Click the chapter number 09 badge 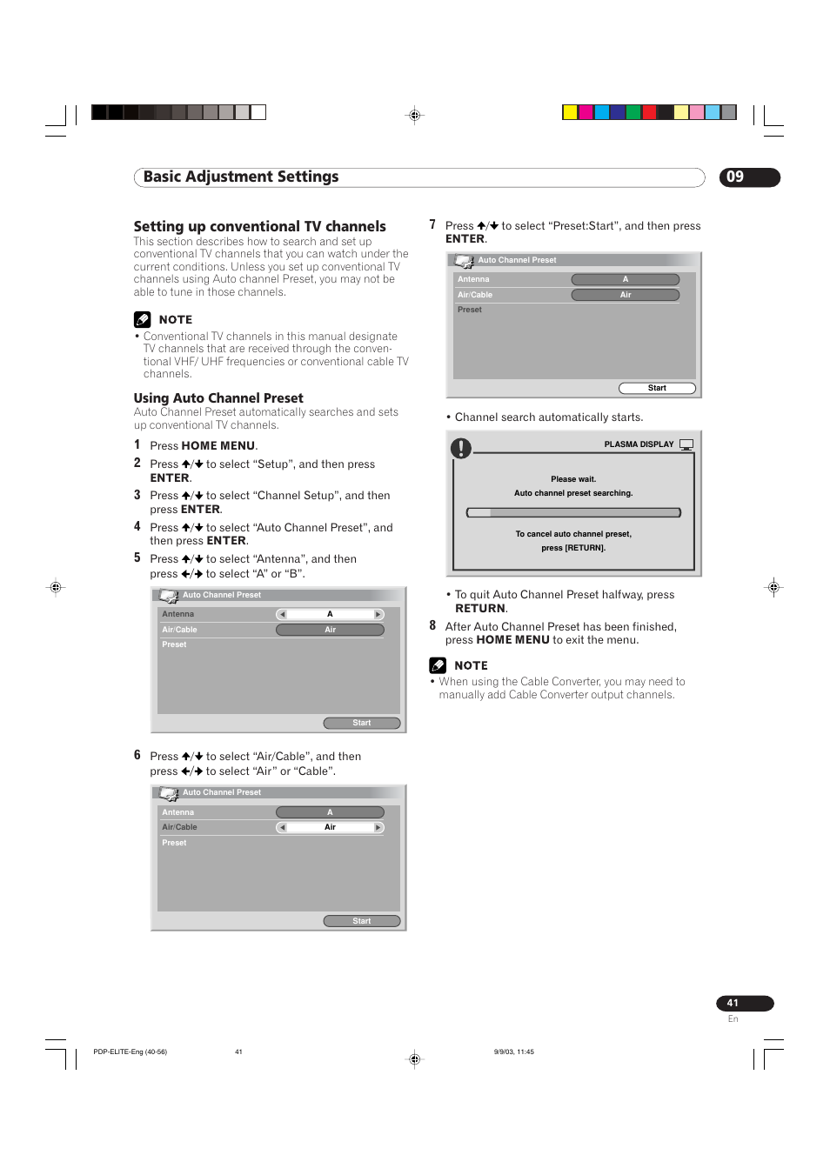749,177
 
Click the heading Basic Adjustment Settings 241,177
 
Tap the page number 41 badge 744,1004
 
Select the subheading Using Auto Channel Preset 218,398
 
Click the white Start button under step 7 657,388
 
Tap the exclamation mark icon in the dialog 460,449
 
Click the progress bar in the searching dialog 573,513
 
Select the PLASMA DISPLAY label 639,444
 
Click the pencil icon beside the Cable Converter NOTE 438,665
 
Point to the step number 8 432,626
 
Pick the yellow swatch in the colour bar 570,112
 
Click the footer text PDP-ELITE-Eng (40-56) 130,1051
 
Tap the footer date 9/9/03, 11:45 513,1051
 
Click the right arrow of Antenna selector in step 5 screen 378,615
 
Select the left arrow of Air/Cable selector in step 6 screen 282,827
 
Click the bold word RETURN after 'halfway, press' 479,609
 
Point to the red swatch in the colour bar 649,112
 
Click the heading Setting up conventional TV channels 259,227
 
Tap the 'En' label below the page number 733,1019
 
